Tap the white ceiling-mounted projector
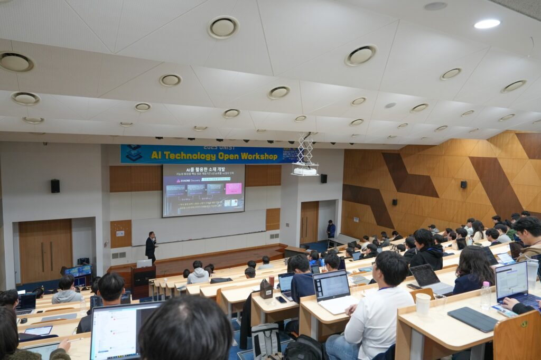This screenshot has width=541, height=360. click(305, 170)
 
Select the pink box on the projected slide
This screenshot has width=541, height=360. click(233, 188)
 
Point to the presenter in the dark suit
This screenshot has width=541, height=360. click(151, 247)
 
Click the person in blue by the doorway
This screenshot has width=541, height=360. click(331, 229)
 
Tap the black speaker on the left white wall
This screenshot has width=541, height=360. click(55, 186)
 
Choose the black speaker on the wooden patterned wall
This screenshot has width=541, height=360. click(463, 185)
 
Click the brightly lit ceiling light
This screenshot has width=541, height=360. click(487, 24)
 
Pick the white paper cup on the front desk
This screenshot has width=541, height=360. click(423, 304)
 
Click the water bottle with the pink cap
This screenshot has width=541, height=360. click(486, 295)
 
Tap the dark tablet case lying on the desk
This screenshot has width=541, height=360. click(472, 319)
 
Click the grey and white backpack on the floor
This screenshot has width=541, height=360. click(266, 340)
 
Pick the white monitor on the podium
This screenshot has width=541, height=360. click(144, 263)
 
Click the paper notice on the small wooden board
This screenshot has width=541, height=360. click(120, 233)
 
